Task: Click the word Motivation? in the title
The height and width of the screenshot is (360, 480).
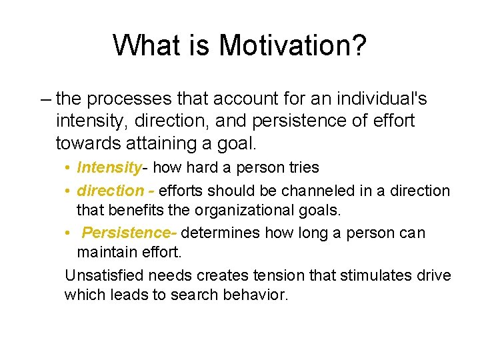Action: point(293,45)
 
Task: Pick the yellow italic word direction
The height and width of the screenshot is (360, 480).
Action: point(110,191)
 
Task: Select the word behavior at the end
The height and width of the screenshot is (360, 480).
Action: point(255,295)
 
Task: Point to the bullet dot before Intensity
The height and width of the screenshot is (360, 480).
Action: point(69,168)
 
